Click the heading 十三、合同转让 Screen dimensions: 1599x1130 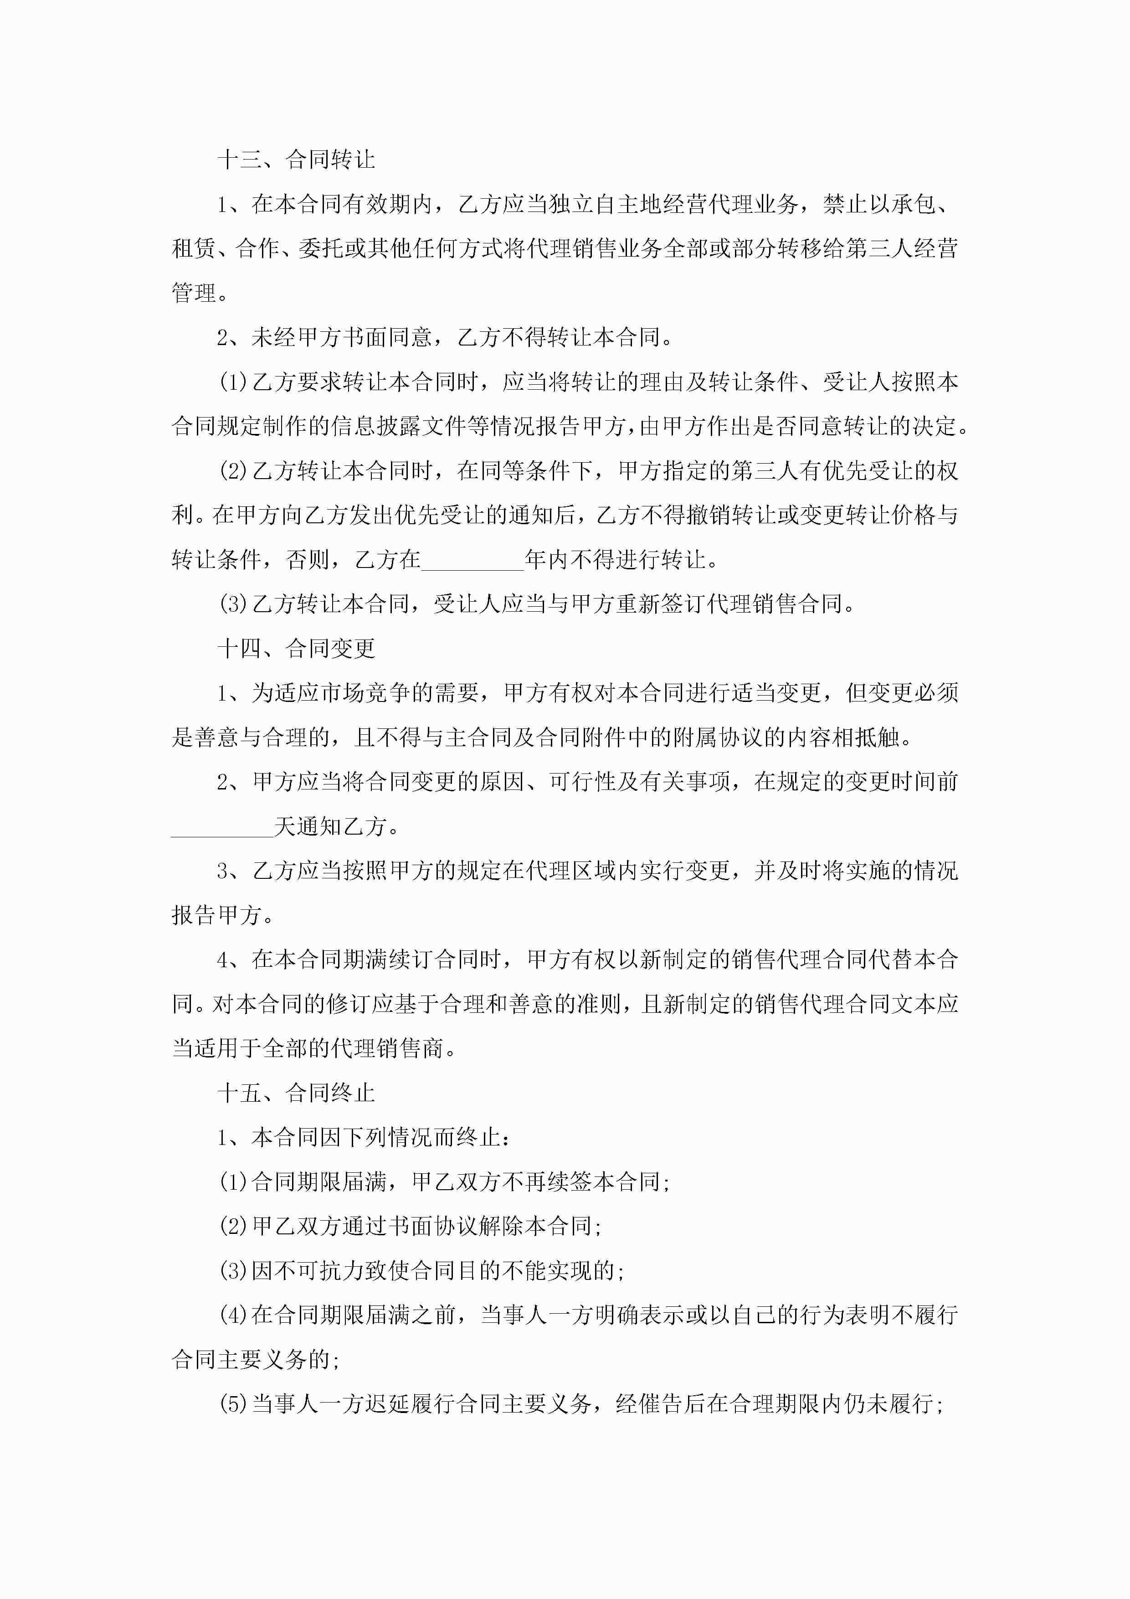(296, 160)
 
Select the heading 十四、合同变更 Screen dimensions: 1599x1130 (296, 649)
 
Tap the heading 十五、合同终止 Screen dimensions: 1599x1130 (296, 1093)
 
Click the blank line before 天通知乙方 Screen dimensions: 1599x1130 (222, 827)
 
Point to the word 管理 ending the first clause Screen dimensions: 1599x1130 (194, 293)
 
